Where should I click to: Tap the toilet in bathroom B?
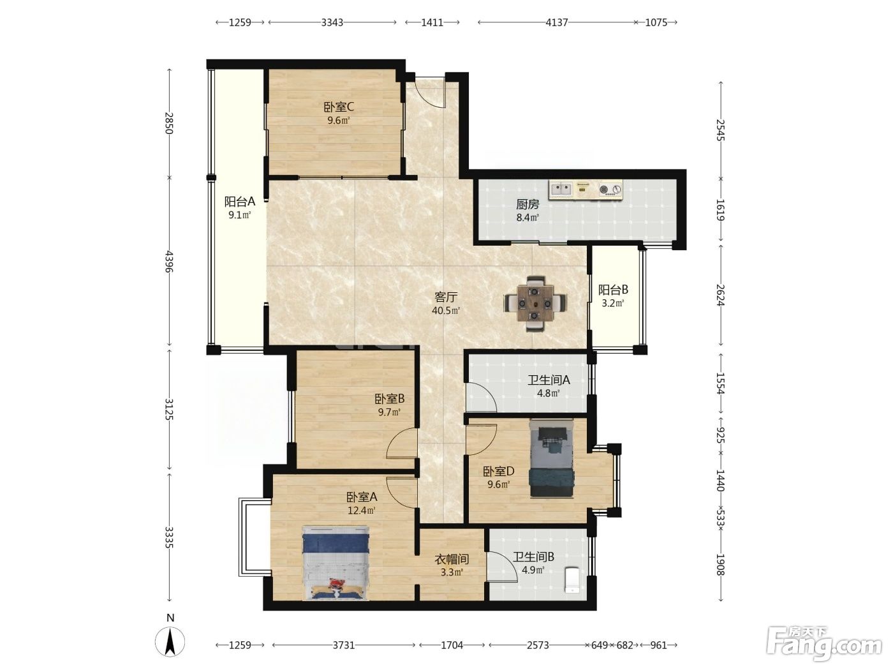(x=573, y=579)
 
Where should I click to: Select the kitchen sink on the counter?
(x=561, y=189)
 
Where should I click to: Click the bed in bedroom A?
(x=336, y=563)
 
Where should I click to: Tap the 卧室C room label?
(x=339, y=107)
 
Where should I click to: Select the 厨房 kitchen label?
(x=528, y=204)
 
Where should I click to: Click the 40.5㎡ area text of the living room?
(x=446, y=311)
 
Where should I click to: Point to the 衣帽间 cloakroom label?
(x=452, y=560)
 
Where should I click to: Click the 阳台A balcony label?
(x=240, y=202)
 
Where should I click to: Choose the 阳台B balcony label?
(x=613, y=290)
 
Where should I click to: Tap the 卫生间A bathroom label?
(x=549, y=380)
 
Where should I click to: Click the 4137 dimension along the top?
(x=556, y=22)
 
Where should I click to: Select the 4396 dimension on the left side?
(x=170, y=262)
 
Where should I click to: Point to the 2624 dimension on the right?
(x=721, y=295)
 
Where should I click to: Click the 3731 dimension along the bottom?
(x=344, y=645)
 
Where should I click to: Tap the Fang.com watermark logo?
(x=824, y=644)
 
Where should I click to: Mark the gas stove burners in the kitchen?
(x=610, y=189)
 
